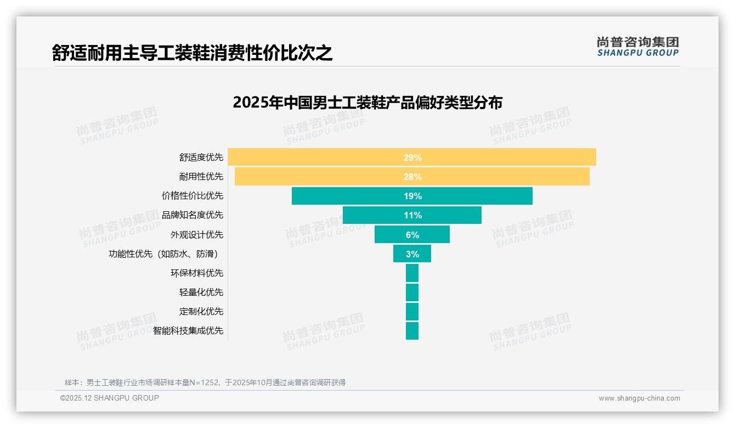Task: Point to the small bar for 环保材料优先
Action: [x=412, y=273]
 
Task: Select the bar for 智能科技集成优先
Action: [x=412, y=331]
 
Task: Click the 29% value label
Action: [x=412, y=157]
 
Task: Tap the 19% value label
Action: [x=412, y=196]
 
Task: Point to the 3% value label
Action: [x=412, y=254]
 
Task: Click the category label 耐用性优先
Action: [x=201, y=177]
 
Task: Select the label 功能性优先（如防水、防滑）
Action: [x=166, y=254]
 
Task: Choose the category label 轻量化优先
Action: [x=201, y=292]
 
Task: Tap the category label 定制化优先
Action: [x=201, y=312]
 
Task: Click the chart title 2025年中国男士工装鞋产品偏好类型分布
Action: [x=367, y=103]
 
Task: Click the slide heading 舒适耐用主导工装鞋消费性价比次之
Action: [x=193, y=53]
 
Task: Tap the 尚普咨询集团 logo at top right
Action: [x=638, y=47]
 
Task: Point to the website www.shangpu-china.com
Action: [x=639, y=398]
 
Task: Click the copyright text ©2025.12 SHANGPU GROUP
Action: [x=110, y=398]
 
